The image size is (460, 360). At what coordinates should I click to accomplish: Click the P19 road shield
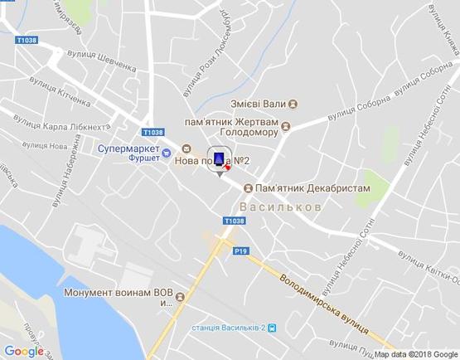pyautogui.click(x=241, y=251)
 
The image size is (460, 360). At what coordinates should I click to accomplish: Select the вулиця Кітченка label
pyautogui.click(x=58, y=92)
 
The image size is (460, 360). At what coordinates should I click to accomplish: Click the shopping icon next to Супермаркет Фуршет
pyautogui.click(x=167, y=152)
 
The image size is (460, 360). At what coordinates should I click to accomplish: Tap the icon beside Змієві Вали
pyautogui.click(x=293, y=105)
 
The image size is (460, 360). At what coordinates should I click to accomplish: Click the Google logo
pyautogui.click(x=24, y=351)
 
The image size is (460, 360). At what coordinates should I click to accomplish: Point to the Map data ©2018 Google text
pyautogui.click(x=415, y=354)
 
